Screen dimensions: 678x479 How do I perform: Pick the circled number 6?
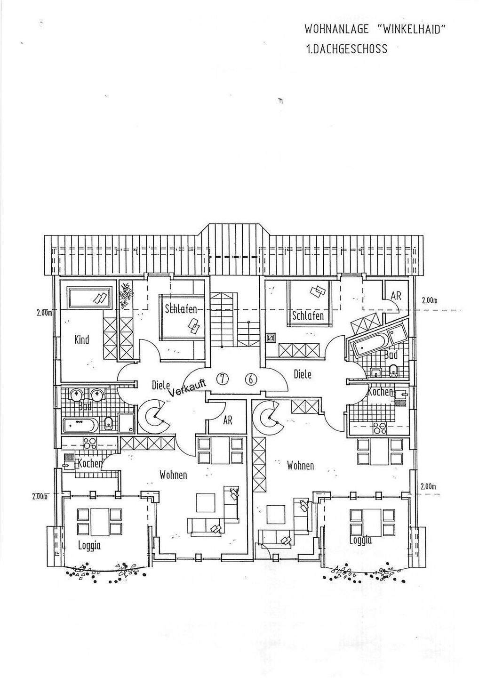pos(252,378)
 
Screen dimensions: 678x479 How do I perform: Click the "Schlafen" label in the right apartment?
pos(308,315)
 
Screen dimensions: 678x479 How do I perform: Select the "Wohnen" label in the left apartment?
pos(173,475)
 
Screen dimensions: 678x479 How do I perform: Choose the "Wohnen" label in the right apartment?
pos(300,466)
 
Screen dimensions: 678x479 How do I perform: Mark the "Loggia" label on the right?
pos(360,540)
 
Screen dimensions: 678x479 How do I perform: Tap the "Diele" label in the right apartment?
pos(303,375)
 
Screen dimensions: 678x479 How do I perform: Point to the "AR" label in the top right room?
pos(396,295)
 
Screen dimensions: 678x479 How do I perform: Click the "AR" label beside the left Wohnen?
pos(228,420)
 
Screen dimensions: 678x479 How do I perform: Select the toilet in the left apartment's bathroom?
pos(109,423)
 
